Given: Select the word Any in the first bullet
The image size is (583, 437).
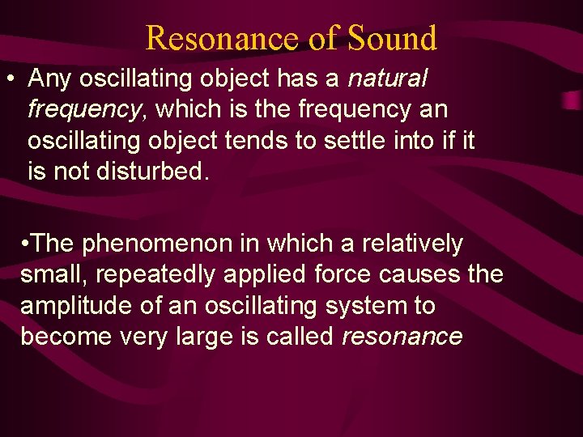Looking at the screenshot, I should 48,78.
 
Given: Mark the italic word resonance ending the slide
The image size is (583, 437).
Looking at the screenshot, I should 402,337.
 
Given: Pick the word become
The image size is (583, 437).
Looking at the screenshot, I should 62,337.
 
